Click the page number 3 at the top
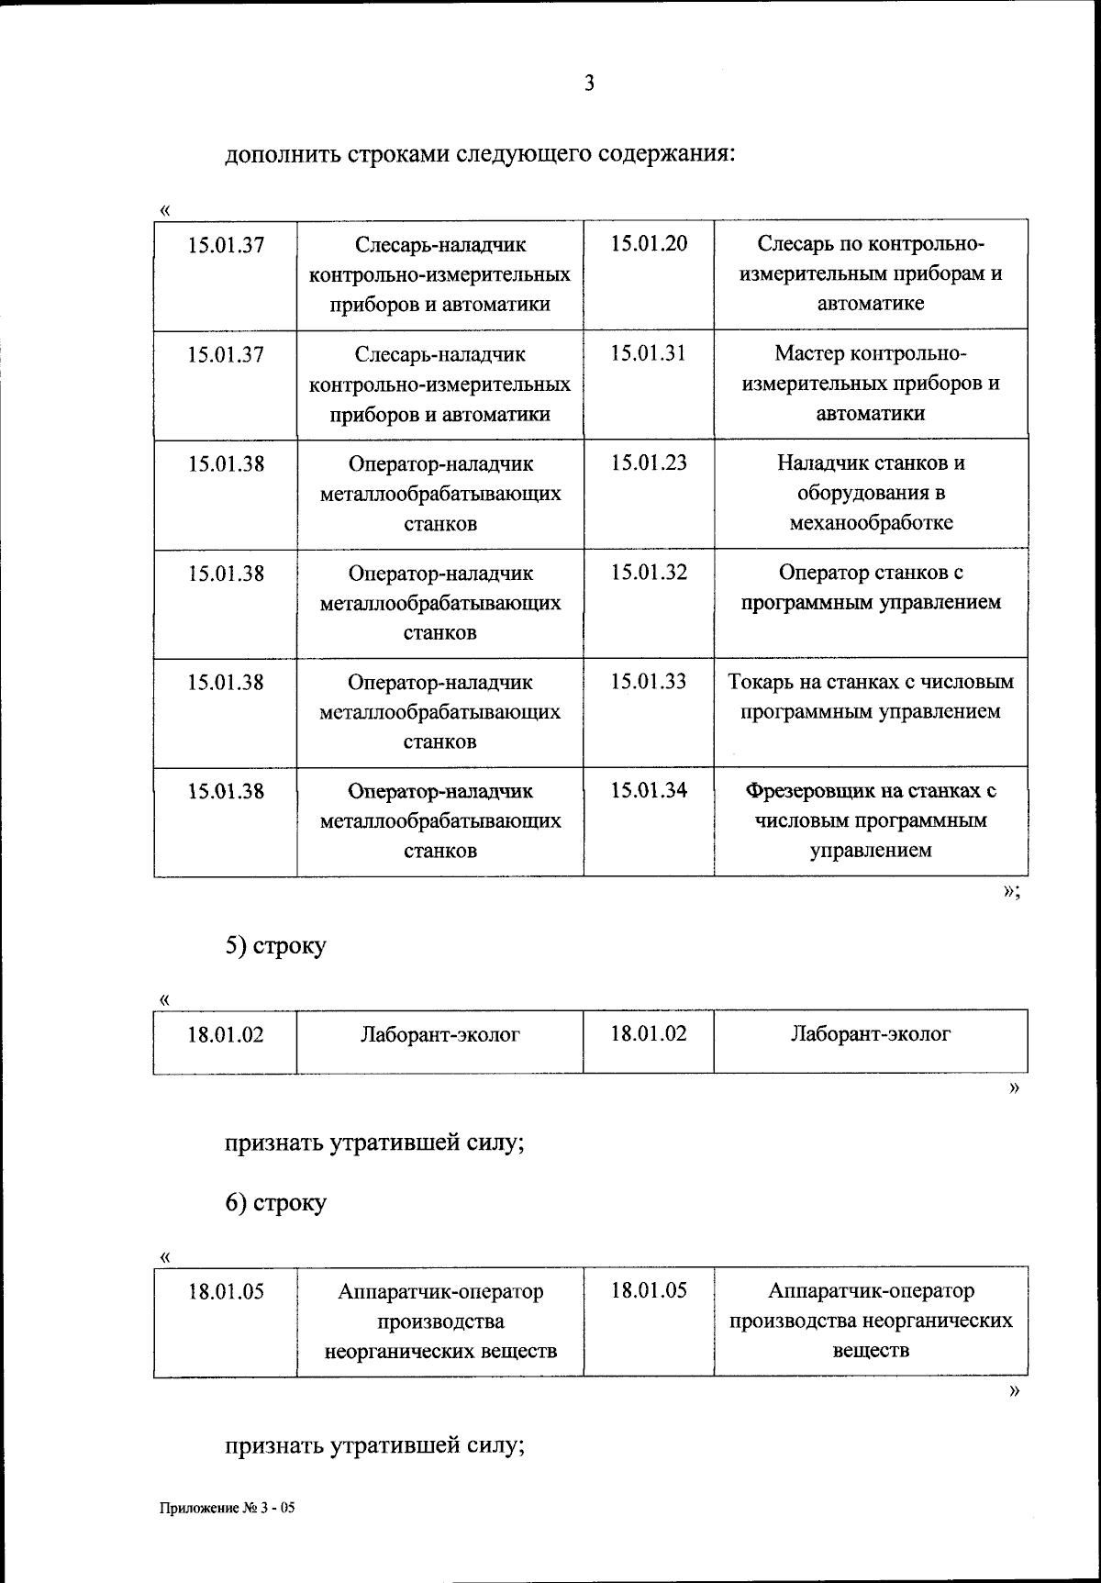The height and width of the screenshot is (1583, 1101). (589, 84)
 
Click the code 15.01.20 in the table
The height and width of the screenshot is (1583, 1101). (649, 243)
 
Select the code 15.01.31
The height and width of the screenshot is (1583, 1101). (649, 353)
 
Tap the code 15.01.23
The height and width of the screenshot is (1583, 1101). (649, 463)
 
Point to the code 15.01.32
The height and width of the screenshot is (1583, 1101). (649, 572)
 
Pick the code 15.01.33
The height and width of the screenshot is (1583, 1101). (649, 682)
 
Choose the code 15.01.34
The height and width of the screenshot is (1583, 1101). (649, 790)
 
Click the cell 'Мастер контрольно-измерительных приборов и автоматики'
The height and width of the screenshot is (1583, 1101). (871, 383)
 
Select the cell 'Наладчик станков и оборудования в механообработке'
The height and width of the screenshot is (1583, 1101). (871, 493)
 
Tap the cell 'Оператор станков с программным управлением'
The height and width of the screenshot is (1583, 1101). (871, 587)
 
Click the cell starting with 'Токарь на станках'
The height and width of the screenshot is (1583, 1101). (871, 697)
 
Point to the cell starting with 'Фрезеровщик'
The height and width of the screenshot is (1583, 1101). (871, 819)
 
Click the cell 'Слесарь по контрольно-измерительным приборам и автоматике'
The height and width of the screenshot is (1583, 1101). (871, 273)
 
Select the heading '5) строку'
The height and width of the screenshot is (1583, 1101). (276, 945)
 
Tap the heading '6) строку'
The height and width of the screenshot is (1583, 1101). (276, 1202)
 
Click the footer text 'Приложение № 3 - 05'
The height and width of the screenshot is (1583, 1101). (228, 1507)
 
